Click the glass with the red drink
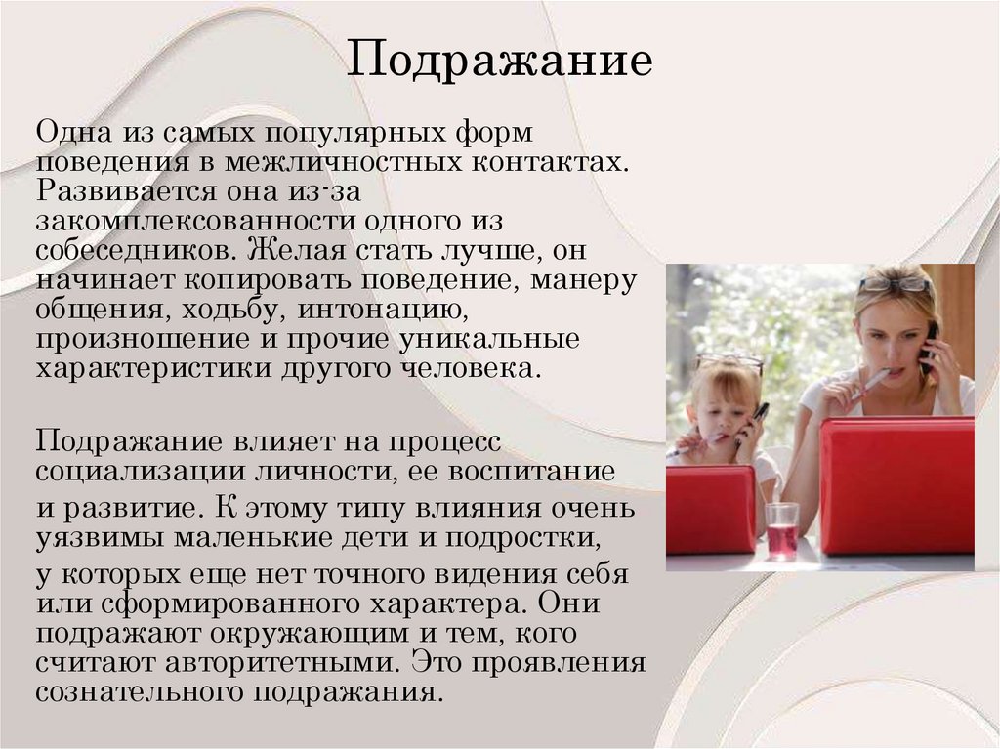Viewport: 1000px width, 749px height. click(x=781, y=531)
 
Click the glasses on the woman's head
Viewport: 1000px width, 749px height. click(x=894, y=283)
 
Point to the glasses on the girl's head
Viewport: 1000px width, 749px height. click(x=729, y=360)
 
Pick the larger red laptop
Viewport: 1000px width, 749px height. click(x=896, y=485)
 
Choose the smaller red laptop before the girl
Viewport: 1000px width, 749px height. click(x=710, y=509)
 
